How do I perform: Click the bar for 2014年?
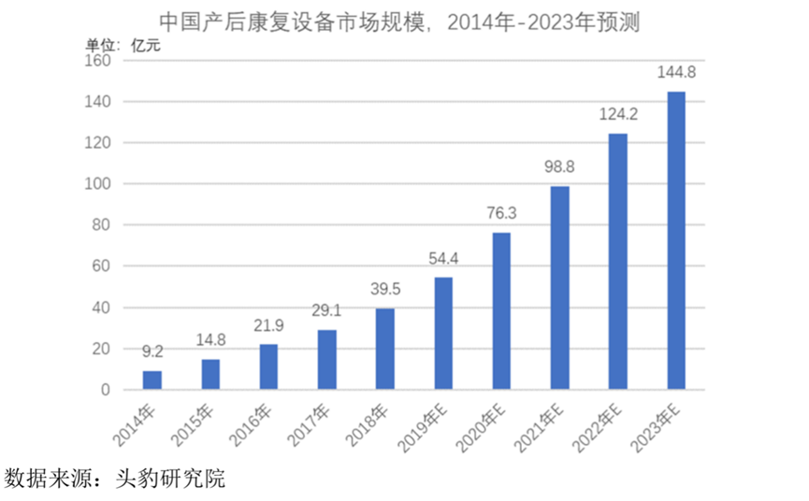click(152, 380)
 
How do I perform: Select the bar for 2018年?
click(384, 349)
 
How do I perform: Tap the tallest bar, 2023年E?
click(675, 240)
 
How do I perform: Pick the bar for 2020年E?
click(500, 310)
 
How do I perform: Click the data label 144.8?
click(676, 72)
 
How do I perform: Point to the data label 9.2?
click(152, 352)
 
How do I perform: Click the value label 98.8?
click(559, 167)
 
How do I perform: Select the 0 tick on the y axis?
click(105, 390)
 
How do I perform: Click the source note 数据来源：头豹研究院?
click(114, 480)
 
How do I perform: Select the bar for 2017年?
click(326, 359)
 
